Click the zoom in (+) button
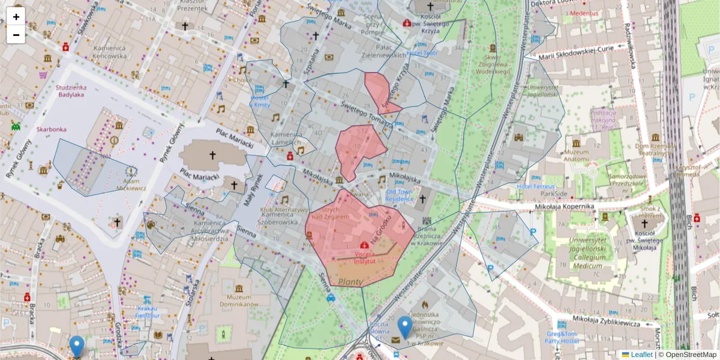click(x=16, y=17)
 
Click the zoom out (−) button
click(x=16, y=34)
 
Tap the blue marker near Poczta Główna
click(x=406, y=328)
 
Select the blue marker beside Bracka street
click(x=77, y=347)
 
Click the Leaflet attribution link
click(x=641, y=355)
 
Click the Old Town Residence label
click(x=399, y=195)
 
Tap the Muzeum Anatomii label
click(x=576, y=155)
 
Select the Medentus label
click(x=584, y=13)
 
